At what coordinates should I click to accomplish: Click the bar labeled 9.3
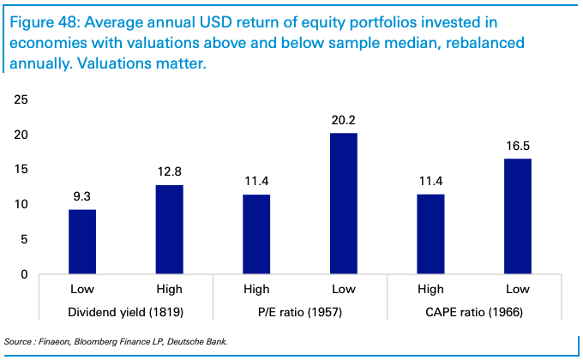click(x=82, y=242)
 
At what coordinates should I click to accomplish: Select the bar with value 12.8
click(x=169, y=230)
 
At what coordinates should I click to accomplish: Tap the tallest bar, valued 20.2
click(x=344, y=204)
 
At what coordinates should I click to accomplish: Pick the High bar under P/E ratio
click(x=256, y=235)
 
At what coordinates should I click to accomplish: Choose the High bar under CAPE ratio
click(x=431, y=235)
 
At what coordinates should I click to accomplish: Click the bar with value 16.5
click(x=518, y=217)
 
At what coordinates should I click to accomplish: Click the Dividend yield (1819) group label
click(x=125, y=313)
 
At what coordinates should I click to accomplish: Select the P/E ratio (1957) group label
click(x=300, y=313)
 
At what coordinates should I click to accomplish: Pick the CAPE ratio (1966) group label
click(x=474, y=313)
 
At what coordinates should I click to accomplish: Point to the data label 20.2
click(x=344, y=120)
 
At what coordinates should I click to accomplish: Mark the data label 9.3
click(x=82, y=196)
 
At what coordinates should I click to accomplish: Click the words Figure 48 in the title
click(x=43, y=21)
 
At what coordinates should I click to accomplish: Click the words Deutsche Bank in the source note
click(x=203, y=341)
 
